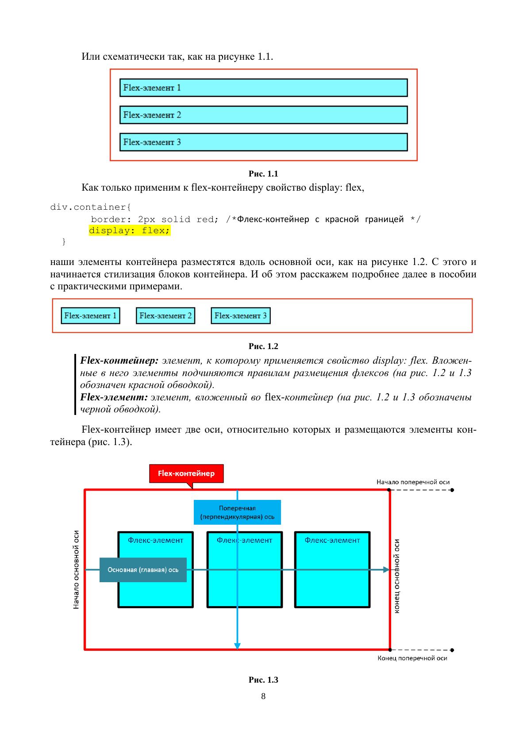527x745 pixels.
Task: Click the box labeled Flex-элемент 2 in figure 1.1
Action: tap(263, 115)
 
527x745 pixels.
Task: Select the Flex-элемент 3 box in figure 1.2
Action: tap(240, 316)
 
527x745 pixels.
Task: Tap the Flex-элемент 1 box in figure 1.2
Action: tap(90, 316)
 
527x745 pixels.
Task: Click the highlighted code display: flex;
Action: tap(130, 231)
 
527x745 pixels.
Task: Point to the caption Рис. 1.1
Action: tap(263, 174)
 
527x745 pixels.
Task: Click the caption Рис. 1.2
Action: tap(263, 346)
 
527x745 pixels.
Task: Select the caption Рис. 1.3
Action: tap(263, 680)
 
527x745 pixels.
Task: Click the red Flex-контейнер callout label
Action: tap(186, 473)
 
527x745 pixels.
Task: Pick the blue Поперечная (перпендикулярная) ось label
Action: tap(237, 512)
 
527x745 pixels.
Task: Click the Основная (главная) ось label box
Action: tap(143, 570)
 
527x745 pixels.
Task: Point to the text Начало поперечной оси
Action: tap(413, 482)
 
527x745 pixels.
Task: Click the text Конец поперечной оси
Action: tap(412, 658)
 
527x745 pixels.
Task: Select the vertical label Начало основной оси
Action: tap(77, 570)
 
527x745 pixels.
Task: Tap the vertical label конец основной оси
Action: tap(396, 576)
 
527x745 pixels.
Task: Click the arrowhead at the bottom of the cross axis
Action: tap(237, 646)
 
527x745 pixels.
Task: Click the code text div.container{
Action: tap(91, 207)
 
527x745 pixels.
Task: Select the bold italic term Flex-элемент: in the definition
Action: tap(114, 397)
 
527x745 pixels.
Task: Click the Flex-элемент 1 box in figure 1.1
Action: tap(263, 88)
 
